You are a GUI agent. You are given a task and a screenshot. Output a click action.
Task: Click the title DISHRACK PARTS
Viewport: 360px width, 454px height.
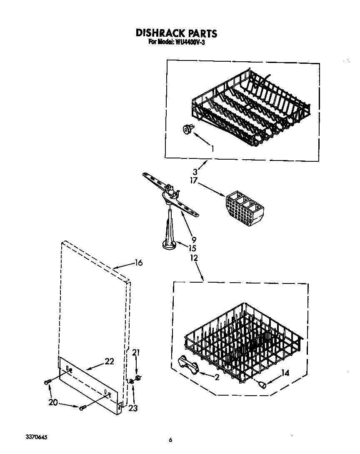[x=177, y=33]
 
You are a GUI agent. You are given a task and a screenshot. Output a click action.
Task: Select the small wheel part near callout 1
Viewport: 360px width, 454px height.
[x=188, y=130]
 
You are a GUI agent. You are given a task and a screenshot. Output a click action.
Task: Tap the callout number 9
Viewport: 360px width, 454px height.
[x=194, y=240]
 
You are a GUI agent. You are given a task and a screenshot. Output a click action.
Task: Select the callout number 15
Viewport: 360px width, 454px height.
[x=192, y=248]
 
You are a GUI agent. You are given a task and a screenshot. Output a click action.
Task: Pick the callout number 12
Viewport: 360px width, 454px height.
[x=193, y=258]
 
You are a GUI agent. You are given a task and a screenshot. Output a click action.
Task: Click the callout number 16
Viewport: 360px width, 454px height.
[x=138, y=263]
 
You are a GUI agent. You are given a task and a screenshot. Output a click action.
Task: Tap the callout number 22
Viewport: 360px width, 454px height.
[x=109, y=361]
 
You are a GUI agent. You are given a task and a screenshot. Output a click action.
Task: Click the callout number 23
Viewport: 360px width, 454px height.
[x=133, y=409]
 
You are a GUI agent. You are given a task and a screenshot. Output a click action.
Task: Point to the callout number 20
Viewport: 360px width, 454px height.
[x=53, y=402]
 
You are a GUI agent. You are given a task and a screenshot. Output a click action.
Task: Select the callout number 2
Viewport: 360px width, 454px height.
[x=216, y=378]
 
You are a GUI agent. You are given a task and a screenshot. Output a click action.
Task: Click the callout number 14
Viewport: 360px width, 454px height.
[x=285, y=373]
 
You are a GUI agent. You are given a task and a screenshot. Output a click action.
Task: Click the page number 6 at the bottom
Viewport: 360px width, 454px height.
[x=170, y=440]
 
